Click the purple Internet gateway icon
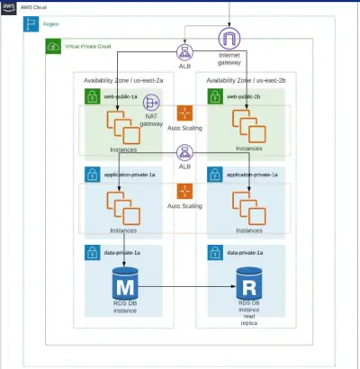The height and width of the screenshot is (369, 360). click(x=230, y=39)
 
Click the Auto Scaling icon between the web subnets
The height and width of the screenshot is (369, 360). click(x=185, y=113)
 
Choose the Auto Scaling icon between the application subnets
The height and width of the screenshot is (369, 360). click(x=185, y=191)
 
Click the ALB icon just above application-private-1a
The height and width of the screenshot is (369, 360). click(x=185, y=153)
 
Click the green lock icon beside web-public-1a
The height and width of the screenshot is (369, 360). click(x=91, y=95)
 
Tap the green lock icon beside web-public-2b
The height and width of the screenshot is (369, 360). click(x=216, y=95)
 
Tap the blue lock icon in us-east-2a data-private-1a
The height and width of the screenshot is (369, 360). click(x=91, y=254)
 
